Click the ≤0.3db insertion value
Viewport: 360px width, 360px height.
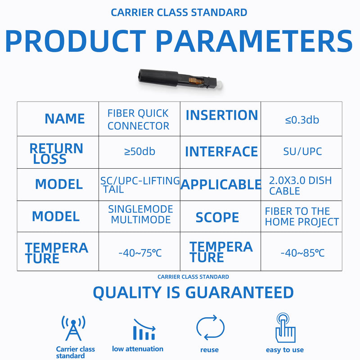(302, 120)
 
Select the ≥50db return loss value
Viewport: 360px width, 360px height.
(139, 152)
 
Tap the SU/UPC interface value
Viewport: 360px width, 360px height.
(302, 152)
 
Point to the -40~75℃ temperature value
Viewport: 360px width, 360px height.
(140, 253)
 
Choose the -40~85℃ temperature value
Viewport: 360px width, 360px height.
(302, 253)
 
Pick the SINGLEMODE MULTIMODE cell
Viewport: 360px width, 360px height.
(140, 215)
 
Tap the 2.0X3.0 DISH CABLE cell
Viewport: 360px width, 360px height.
(300, 186)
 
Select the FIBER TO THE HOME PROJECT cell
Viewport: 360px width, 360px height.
(302, 216)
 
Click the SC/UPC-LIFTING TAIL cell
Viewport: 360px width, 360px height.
(140, 185)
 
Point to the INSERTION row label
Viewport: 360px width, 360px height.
(222, 115)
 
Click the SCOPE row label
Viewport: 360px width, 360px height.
(217, 217)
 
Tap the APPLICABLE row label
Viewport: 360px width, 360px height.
(221, 184)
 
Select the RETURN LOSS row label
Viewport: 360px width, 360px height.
(56, 153)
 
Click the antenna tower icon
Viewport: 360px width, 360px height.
(73, 328)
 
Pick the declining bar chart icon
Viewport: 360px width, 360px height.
(144, 329)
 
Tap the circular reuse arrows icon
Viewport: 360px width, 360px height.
(210, 328)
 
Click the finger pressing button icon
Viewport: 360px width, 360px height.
(285, 328)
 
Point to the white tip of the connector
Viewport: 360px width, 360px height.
(220, 85)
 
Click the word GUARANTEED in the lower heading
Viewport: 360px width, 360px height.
(239, 292)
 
